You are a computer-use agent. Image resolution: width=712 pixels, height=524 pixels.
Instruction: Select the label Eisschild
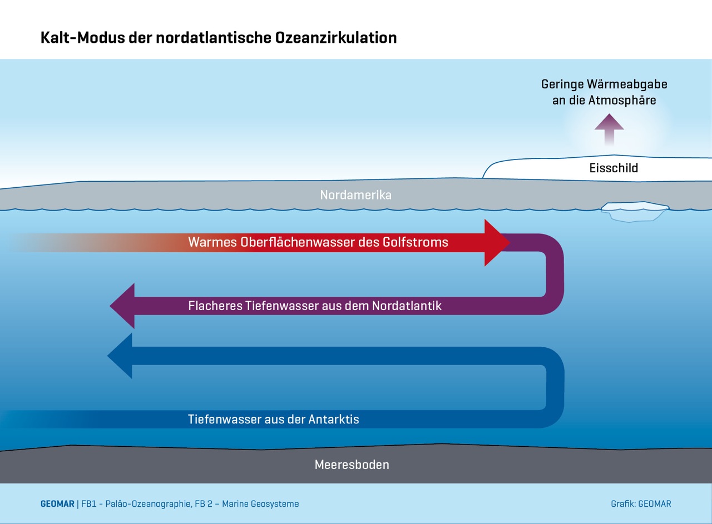click(614, 168)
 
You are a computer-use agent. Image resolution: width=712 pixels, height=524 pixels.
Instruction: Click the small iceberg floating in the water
click(635, 211)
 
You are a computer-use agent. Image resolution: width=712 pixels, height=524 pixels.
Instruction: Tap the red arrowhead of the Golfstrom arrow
click(496, 243)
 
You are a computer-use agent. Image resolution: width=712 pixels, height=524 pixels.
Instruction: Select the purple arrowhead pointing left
click(123, 306)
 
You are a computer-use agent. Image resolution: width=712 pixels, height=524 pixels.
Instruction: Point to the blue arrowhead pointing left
click(121, 356)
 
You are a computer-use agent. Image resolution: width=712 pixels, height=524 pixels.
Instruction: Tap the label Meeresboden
click(352, 465)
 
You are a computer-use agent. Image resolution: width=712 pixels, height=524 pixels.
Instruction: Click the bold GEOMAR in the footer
click(57, 504)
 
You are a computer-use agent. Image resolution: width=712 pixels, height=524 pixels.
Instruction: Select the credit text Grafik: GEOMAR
click(641, 504)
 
